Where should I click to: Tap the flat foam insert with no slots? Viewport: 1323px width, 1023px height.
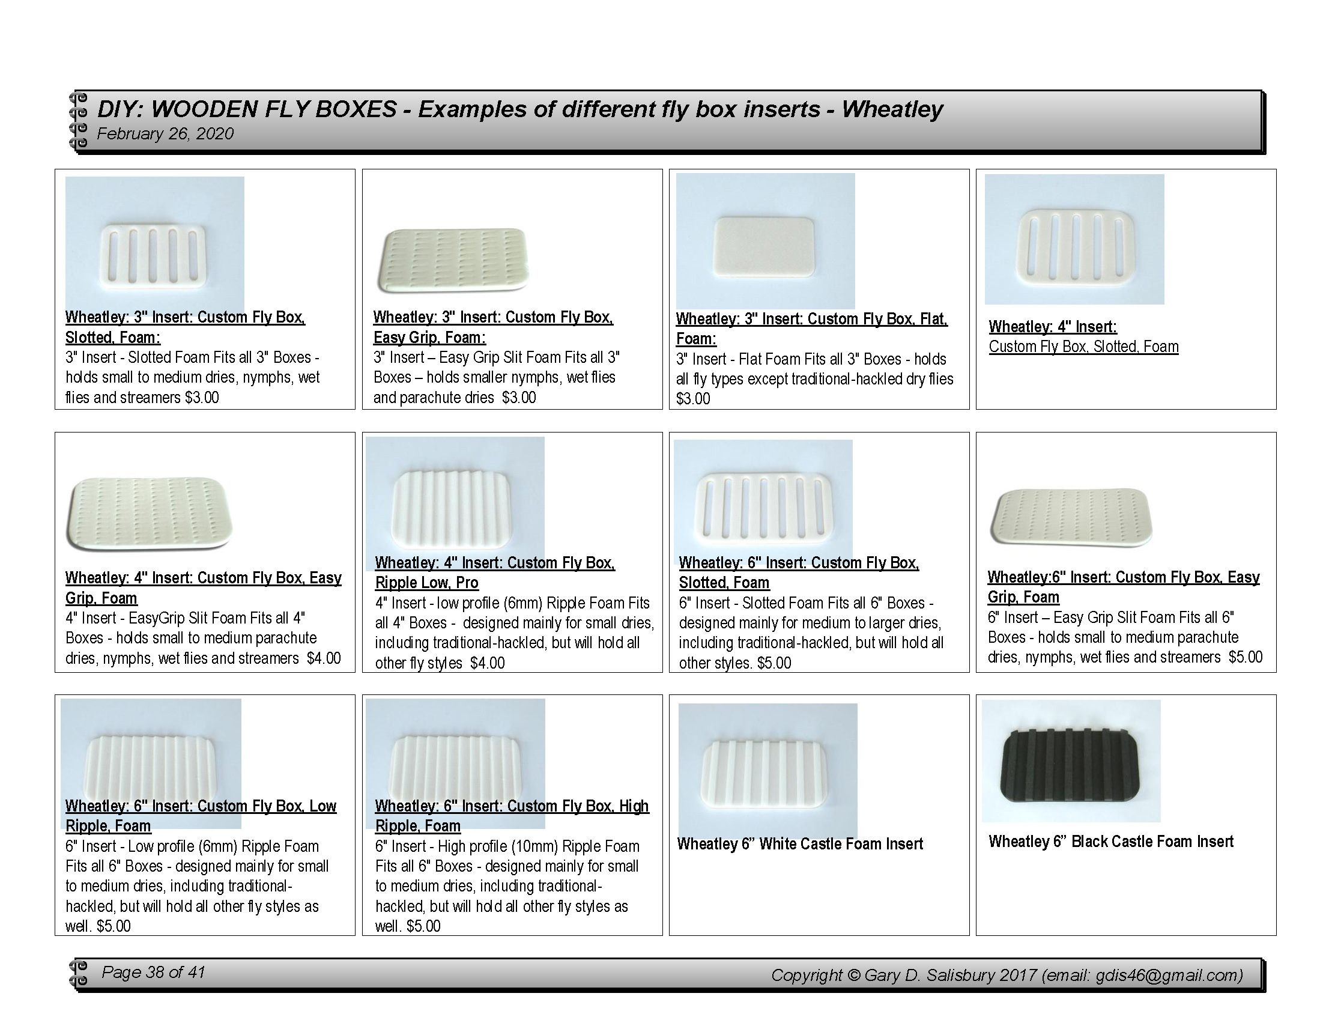tap(765, 247)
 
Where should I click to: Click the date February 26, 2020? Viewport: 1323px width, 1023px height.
tap(165, 133)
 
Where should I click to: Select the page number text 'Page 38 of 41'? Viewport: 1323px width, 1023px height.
tap(153, 973)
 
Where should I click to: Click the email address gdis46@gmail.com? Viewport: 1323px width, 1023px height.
tap(1169, 975)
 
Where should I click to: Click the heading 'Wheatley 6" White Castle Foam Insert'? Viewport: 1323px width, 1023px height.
tap(799, 844)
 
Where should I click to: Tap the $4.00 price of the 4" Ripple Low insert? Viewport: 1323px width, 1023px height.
tap(487, 663)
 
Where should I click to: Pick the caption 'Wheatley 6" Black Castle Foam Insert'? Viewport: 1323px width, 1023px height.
tap(1111, 842)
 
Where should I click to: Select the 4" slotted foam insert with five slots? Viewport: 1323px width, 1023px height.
tap(1074, 246)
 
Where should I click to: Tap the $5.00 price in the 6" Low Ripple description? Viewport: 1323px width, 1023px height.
tap(114, 926)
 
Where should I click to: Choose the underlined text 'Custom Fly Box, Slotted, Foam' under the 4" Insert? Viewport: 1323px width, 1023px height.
tap(1084, 347)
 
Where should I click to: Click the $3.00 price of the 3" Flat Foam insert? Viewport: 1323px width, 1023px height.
tap(693, 399)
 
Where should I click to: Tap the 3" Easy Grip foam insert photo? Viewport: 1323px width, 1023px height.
tap(454, 260)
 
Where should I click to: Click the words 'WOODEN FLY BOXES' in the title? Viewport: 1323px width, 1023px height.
tap(273, 109)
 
